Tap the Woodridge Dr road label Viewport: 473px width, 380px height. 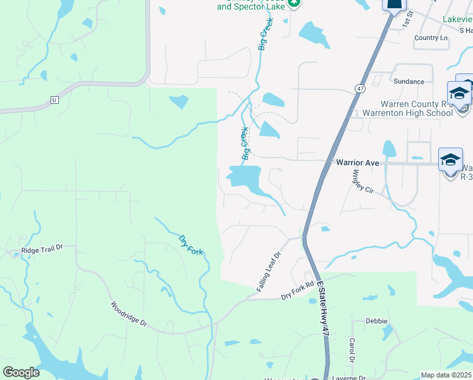pyautogui.click(x=129, y=313)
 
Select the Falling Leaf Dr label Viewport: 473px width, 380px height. pyautogui.click(x=269, y=271)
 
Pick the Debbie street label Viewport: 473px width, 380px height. pyautogui.click(x=376, y=321)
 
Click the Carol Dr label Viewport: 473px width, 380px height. pyautogui.click(x=352, y=350)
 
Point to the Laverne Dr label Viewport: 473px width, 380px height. pyautogui.click(x=348, y=377)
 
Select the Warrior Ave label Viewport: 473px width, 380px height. pyautogui.click(x=357, y=163)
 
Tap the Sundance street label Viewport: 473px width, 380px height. pyautogui.click(x=408, y=82)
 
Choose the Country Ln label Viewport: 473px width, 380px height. pyautogui.click(x=431, y=38)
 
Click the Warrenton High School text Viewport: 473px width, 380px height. pyautogui.click(x=407, y=113)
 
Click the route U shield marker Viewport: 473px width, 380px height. pyautogui.click(x=54, y=100)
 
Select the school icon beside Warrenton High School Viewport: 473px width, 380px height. pyautogui.click(x=459, y=94)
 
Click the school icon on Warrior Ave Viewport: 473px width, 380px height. pyautogui.click(x=450, y=160)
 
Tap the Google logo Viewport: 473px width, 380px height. pyautogui.click(x=21, y=372)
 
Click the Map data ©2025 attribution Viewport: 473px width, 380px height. pyautogui.click(x=445, y=375)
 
